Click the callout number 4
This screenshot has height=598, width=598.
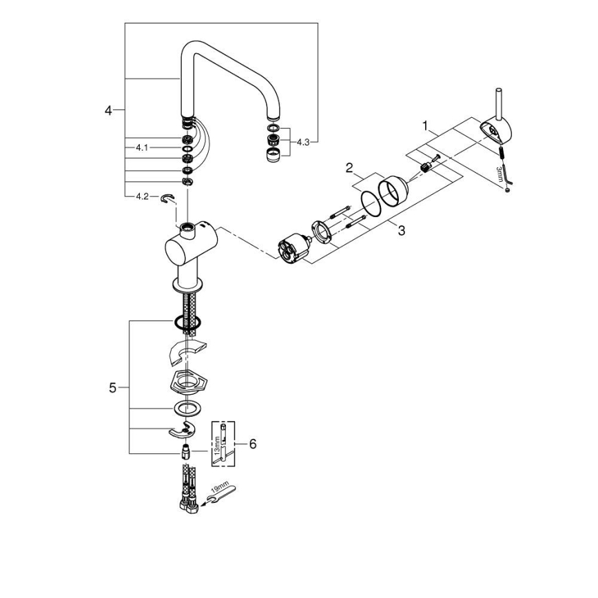[x=108, y=110]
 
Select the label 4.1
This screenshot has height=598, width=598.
[x=142, y=147]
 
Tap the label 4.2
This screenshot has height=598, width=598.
[x=142, y=196]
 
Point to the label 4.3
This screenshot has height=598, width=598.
[x=305, y=141]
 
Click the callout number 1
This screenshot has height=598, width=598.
[x=425, y=126]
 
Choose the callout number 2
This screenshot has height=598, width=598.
[x=349, y=167]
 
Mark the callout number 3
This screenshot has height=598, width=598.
[x=401, y=230]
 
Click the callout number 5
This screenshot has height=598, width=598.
[x=113, y=388]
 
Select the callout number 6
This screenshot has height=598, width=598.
[x=252, y=444]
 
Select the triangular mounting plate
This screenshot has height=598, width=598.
[x=185, y=380]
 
